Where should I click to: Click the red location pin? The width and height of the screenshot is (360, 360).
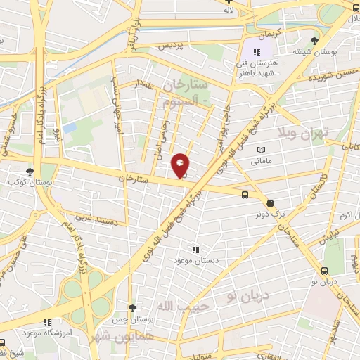tap(181, 165)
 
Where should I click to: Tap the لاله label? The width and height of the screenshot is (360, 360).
tap(228, 11)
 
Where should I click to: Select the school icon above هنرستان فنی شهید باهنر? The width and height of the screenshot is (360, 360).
tap(257, 52)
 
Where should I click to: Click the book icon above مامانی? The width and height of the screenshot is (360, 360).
tap(262, 150)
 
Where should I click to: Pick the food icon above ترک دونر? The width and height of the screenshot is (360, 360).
tap(271, 202)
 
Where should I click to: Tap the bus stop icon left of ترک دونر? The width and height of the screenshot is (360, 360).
tap(245, 195)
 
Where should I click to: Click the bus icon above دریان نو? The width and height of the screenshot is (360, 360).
tap(324, 271)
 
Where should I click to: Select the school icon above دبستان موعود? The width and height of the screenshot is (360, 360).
tap(196, 249)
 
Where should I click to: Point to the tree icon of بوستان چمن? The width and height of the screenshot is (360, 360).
tap(132, 308)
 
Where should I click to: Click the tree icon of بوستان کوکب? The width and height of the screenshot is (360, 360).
tap(30, 172)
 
